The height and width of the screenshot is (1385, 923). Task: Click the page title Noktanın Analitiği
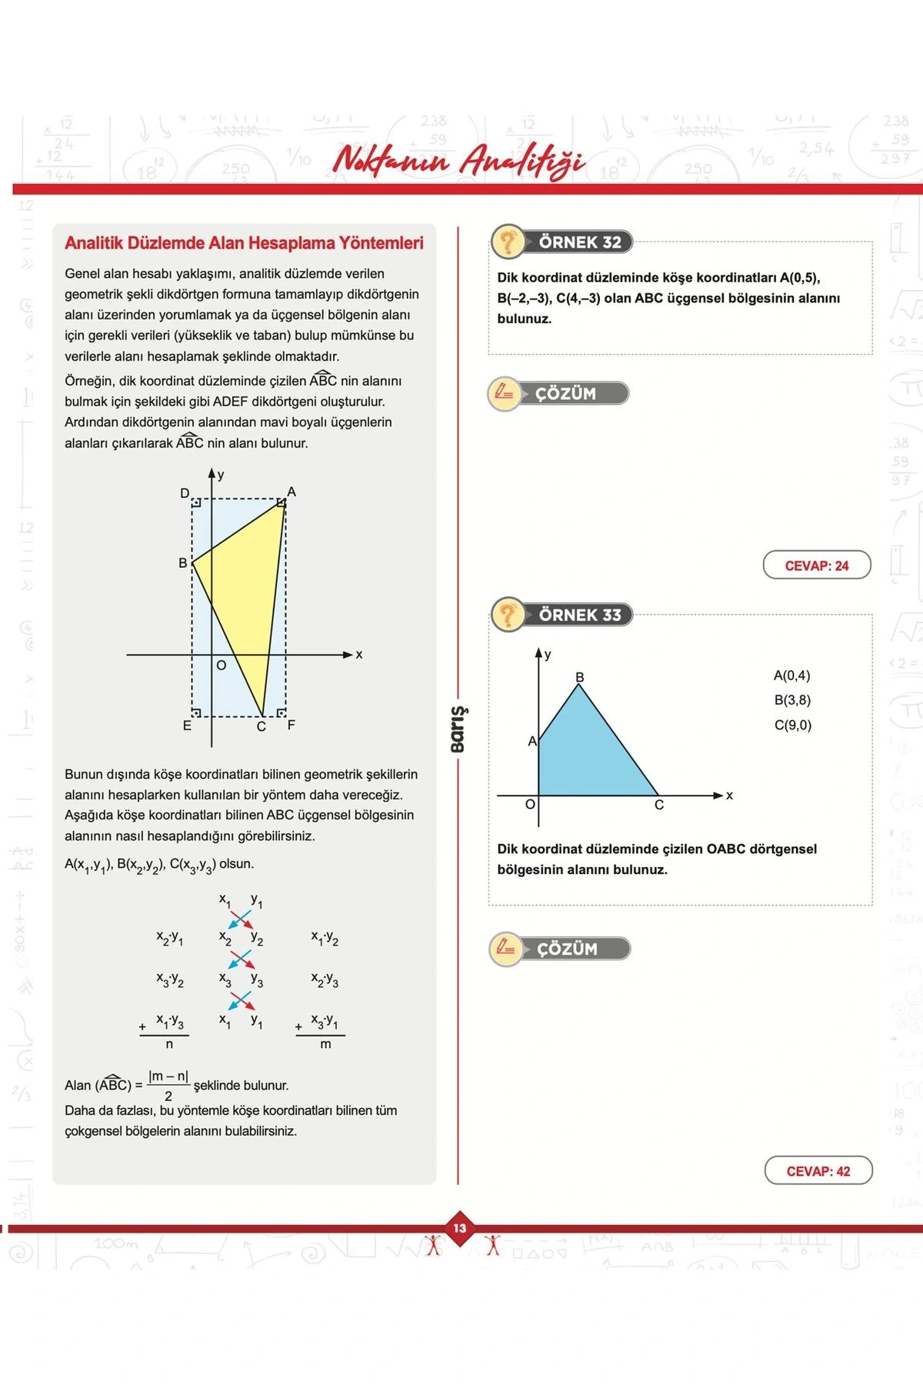pyautogui.click(x=458, y=160)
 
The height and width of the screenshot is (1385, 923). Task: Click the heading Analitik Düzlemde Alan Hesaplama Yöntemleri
pyautogui.click(x=244, y=243)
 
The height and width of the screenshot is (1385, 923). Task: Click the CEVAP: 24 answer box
pyautogui.click(x=816, y=566)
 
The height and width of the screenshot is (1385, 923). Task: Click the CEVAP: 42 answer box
pyautogui.click(x=818, y=1171)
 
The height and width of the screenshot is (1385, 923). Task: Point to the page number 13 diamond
pyautogui.click(x=460, y=1228)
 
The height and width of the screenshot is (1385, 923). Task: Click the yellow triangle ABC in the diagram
pyautogui.click(x=246, y=585)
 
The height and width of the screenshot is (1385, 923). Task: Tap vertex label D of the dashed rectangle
pyautogui.click(x=185, y=493)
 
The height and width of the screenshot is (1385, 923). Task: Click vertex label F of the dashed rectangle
pyautogui.click(x=292, y=725)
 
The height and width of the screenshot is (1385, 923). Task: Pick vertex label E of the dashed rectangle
pyautogui.click(x=187, y=726)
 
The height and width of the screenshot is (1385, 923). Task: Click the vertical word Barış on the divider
pyautogui.click(x=458, y=729)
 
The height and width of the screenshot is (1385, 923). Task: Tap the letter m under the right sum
pyautogui.click(x=325, y=1044)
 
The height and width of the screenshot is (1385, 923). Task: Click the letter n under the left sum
pyautogui.click(x=169, y=1044)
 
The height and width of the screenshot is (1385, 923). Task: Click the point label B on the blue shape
pyautogui.click(x=580, y=677)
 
